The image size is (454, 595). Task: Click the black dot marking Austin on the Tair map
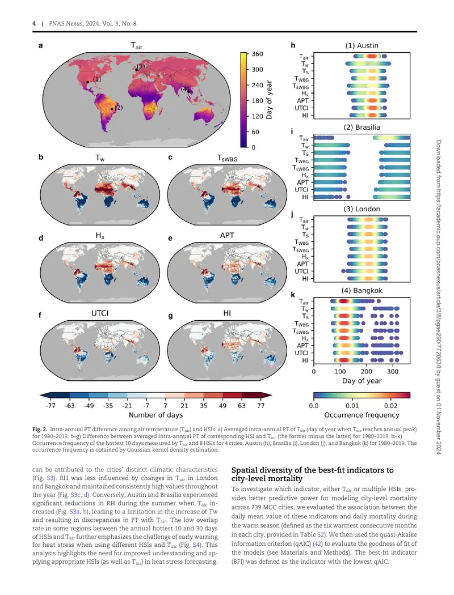(x=87, y=82)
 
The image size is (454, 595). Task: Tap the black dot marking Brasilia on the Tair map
(x=112, y=109)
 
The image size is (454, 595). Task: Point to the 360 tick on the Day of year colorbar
(x=257, y=54)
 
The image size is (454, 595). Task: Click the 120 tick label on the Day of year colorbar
(x=257, y=117)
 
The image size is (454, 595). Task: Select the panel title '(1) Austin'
(x=361, y=45)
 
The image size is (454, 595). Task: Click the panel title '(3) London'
(x=361, y=209)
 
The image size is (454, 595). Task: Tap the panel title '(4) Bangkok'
(x=361, y=291)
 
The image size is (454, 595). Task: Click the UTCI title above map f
(x=100, y=313)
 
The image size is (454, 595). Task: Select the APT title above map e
(x=227, y=235)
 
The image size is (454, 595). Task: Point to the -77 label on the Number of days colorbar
(x=51, y=406)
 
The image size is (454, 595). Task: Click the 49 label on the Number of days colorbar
(x=222, y=406)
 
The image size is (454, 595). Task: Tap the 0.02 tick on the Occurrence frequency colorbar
(x=391, y=406)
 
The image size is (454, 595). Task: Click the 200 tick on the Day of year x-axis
(x=366, y=372)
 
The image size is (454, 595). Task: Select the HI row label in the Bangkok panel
(x=305, y=360)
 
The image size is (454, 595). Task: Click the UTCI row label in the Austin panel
(x=302, y=108)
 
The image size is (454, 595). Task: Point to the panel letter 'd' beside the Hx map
(x=41, y=239)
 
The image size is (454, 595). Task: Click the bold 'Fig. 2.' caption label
(x=40, y=430)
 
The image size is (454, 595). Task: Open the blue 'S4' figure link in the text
(x=196, y=545)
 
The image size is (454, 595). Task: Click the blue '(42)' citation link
(x=318, y=543)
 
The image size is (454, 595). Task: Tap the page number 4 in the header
(x=34, y=24)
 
